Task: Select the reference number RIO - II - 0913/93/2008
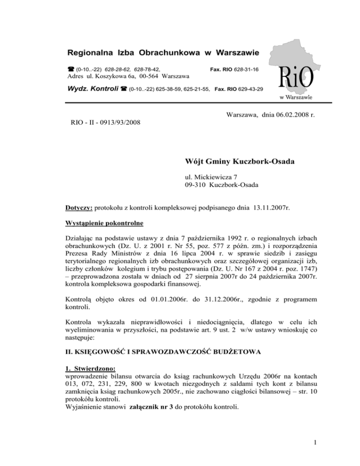coord(102,123)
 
